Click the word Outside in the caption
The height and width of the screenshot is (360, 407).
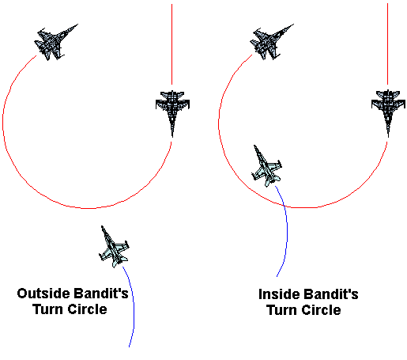click(43, 294)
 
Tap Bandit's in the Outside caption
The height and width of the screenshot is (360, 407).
click(101, 294)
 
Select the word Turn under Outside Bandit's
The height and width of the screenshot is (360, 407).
click(48, 309)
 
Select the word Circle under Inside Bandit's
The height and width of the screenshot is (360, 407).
click(322, 310)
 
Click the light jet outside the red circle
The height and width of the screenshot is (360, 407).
click(114, 247)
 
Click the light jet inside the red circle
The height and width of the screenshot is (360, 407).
click(266, 166)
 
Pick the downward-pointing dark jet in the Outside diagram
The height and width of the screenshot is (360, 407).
click(172, 113)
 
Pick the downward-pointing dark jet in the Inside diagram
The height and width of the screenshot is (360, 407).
click(388, 113)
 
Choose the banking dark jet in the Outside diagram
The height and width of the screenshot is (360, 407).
click(55, 42)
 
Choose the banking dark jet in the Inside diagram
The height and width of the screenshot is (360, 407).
click(271, 42)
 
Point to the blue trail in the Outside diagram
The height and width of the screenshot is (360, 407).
click(134, 306)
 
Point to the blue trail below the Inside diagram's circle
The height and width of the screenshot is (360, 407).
click(287, 232)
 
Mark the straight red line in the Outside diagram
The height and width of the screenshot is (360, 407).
click(172, 44)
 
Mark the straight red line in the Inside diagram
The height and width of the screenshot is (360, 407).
click(387, 44)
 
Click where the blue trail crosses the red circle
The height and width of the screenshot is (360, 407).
click(284, 206)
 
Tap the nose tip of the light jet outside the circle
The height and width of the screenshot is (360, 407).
click(102, 226)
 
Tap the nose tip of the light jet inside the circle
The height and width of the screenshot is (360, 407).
click(254, 146)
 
